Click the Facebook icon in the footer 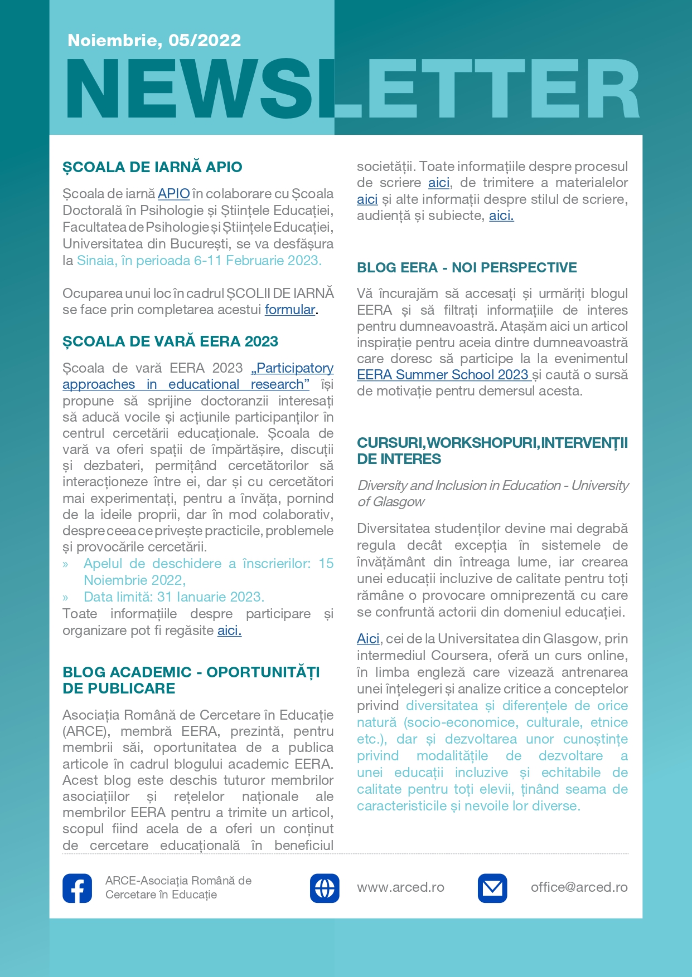tap(78, 888)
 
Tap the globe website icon tap(325, 888)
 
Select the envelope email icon tap(492, 888)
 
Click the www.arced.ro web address tap(400, 887)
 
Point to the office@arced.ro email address tap(579, 887)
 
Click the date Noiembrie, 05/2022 tap(154, 41)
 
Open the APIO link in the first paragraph tap(173, 194)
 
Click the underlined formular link tap(290, 310)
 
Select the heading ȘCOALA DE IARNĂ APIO tap(152, 167)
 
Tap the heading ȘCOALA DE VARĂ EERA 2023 tap(170, 341)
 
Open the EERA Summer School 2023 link tap(443, 375)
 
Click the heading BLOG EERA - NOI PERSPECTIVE tap(467, 268)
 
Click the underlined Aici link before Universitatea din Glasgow tap(368, 639)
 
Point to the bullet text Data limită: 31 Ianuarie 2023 tap(174, 597)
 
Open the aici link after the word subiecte tap(501, 216)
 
